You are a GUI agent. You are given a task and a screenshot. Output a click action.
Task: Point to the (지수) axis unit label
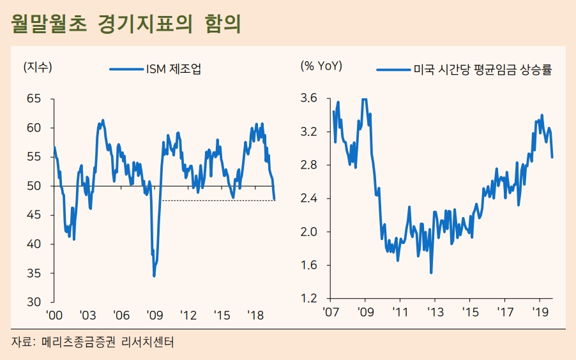[38, 66]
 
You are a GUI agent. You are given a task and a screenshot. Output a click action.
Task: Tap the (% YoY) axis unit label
[321, 66]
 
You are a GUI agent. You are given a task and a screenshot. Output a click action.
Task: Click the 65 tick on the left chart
[34, 99]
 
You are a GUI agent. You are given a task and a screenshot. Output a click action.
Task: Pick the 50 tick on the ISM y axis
[34, 186]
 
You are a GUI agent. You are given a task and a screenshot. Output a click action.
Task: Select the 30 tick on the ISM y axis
[34, 302]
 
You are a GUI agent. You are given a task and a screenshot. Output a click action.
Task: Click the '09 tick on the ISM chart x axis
[154, 315]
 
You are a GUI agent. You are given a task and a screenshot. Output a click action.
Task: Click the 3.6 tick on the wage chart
[309, 99]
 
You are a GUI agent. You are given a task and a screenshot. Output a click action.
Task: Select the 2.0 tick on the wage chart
[309, 232]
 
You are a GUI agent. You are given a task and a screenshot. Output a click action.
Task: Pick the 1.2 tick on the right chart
[309, 299]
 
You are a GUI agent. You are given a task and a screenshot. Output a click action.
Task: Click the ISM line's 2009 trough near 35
[154, 276]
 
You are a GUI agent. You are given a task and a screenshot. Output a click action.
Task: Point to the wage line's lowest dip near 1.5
[432, 273]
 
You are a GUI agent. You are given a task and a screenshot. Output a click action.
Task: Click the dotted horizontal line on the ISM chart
[217, 200]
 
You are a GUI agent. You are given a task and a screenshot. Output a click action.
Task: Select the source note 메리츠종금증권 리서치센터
[108, 342]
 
